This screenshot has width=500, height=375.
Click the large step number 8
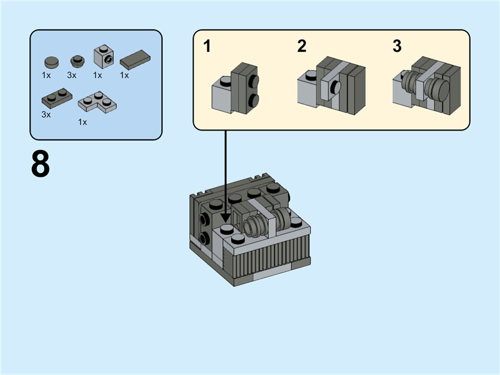click(41, 164)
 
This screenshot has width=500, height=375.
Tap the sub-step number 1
click(207, 47)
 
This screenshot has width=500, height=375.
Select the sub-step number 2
click(302, 47)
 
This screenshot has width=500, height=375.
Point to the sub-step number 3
click(397, 47)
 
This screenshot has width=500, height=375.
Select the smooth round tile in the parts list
click(51, 62)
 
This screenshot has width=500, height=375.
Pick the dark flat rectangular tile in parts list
click(133, 60)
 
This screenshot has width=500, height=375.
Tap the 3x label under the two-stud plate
click(46, 114)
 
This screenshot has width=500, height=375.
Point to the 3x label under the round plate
click(72, 75)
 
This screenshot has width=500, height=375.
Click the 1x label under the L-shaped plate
click(82, 122)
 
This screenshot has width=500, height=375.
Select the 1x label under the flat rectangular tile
click(124, 75)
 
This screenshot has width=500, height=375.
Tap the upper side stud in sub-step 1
click(254, 82)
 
